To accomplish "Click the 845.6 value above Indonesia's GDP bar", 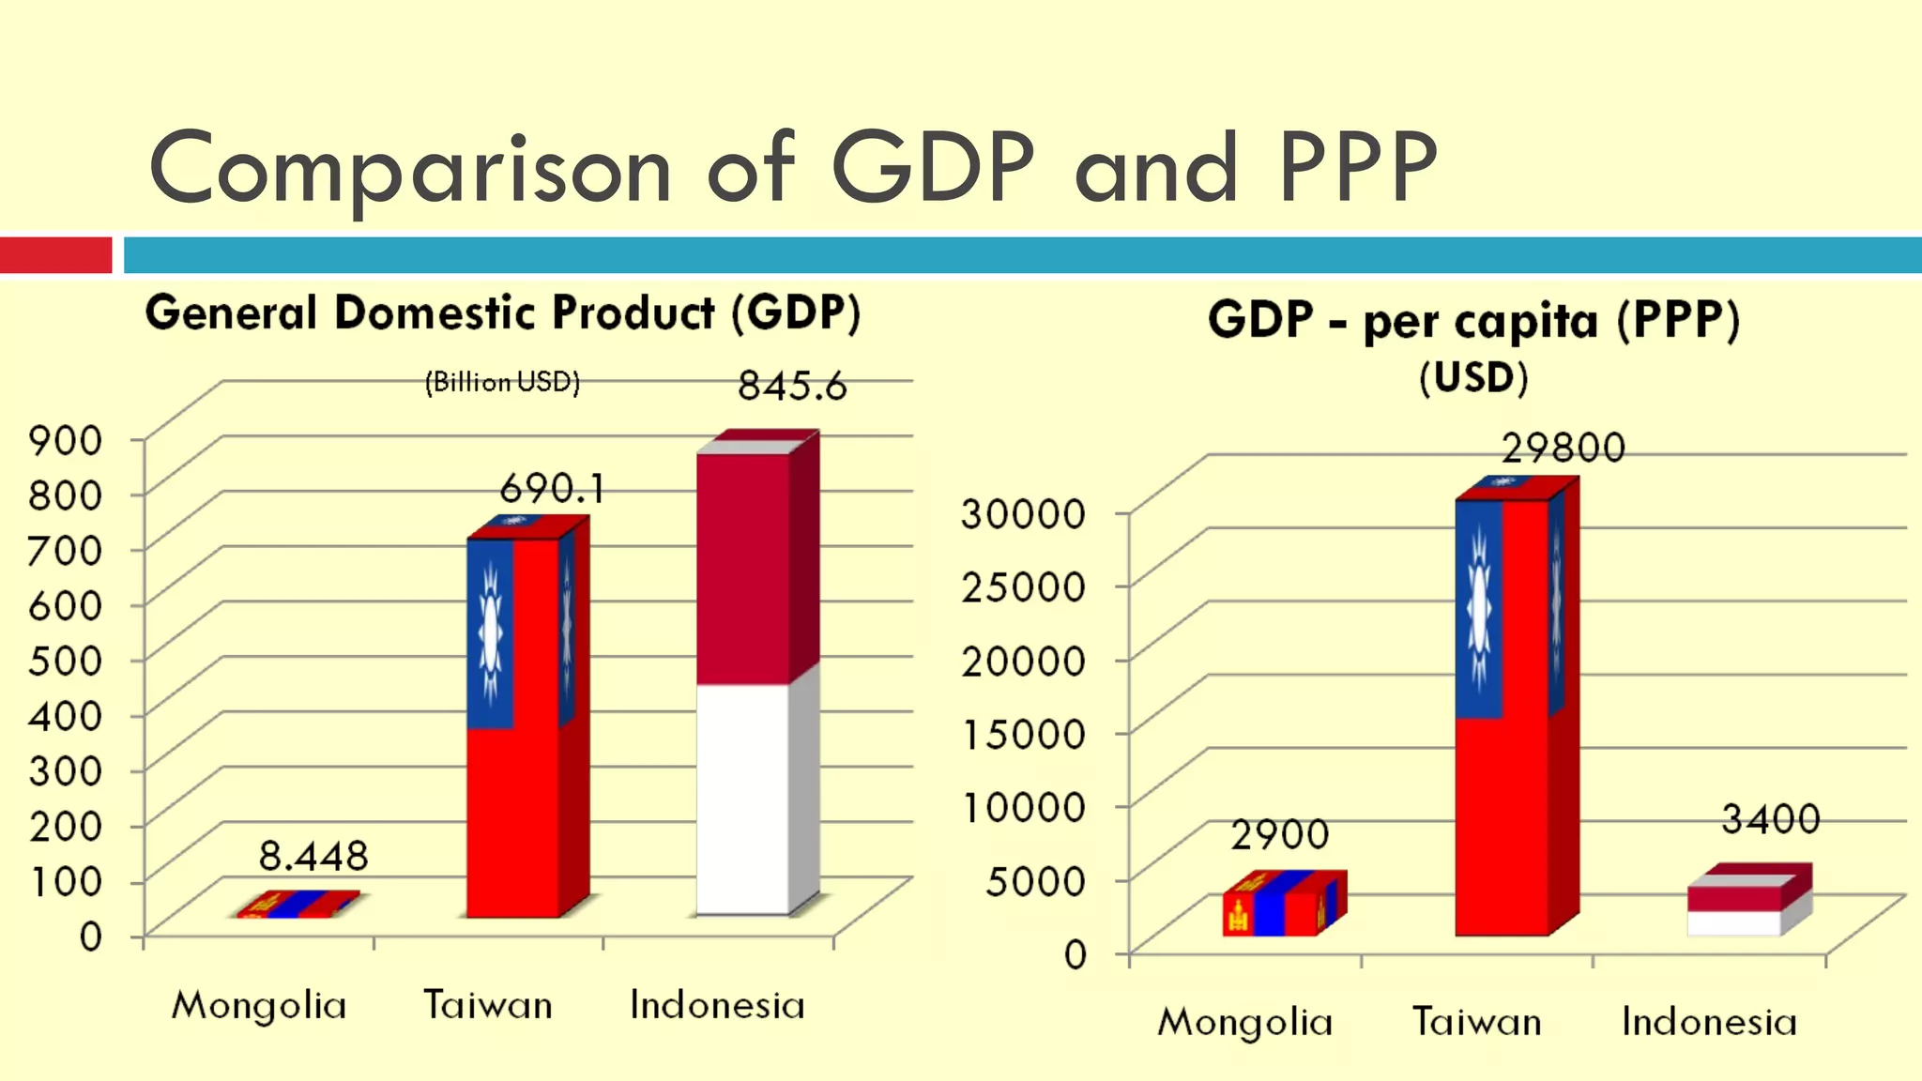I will point(791,386).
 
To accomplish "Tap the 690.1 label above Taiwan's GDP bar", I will point(552,488).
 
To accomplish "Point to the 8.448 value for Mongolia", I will point(313,856).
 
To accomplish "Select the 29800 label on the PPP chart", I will point(1564,448).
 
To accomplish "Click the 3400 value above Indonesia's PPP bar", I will point(1771,819).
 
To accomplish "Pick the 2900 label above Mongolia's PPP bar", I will point(1280,834).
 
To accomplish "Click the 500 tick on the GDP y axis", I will point(65,661).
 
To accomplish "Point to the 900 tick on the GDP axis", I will point(65,439).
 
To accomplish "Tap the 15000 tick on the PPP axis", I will point(1024,734).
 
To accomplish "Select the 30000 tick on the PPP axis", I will point(1024,513).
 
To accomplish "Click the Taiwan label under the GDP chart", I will point(488,1005).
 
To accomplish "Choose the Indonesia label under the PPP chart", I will point(1709,1022).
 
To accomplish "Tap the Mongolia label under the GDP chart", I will point(259,1006).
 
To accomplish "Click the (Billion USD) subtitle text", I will point(502,382).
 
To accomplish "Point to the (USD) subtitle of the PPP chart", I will point(1473,378).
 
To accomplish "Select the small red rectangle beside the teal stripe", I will point(55,255).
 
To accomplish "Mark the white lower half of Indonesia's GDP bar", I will point(742,798).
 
